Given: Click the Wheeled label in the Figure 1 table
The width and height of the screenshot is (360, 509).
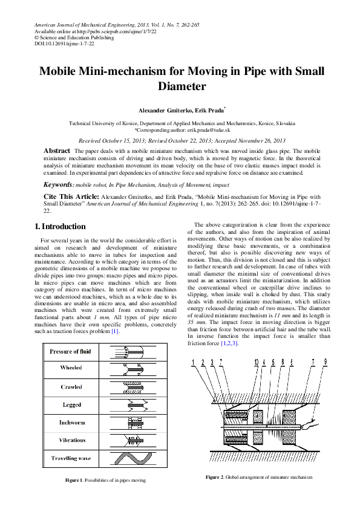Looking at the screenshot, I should [71, 368].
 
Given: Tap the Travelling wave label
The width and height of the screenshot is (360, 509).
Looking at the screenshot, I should [71, 458].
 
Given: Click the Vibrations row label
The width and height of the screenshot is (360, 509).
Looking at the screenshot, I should [71, 440].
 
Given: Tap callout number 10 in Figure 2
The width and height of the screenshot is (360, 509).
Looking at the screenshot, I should [257, 362].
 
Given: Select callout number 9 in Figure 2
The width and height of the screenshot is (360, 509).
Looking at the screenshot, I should [326, 362].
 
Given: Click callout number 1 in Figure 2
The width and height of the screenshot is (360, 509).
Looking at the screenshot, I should [192, 362].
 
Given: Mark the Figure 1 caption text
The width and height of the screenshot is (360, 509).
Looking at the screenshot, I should [105, 480].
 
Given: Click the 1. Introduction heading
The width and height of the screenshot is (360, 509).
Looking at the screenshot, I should [60, 227].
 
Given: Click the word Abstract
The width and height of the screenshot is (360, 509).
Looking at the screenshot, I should [56, 149].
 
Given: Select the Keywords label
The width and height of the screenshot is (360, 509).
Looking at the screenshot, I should [59, 184].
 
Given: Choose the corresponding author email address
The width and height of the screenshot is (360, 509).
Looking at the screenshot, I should [204, 130].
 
